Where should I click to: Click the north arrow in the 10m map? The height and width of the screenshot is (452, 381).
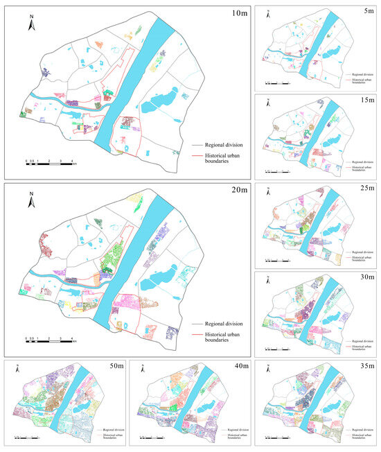tap(31, 25)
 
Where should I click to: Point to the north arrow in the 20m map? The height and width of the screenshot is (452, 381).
tap(31, 202)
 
